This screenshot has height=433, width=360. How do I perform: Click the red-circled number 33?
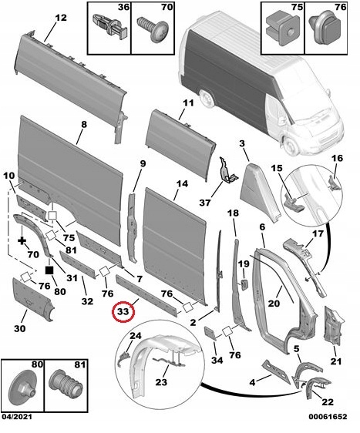123,311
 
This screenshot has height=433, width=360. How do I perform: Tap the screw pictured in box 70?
153,29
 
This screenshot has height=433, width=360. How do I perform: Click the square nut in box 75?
283,30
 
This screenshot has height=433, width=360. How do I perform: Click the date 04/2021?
17,416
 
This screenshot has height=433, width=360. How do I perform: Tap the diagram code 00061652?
328,416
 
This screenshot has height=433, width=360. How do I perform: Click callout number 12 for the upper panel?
61,18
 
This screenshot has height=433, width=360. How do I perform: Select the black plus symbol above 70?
22,240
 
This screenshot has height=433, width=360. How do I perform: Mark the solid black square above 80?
49,270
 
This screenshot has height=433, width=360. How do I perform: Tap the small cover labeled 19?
244,285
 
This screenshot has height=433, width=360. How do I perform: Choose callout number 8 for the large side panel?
83,125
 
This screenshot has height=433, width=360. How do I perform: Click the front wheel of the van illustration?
290,146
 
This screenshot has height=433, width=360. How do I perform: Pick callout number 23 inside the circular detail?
161,382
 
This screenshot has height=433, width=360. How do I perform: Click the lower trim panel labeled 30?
33,300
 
